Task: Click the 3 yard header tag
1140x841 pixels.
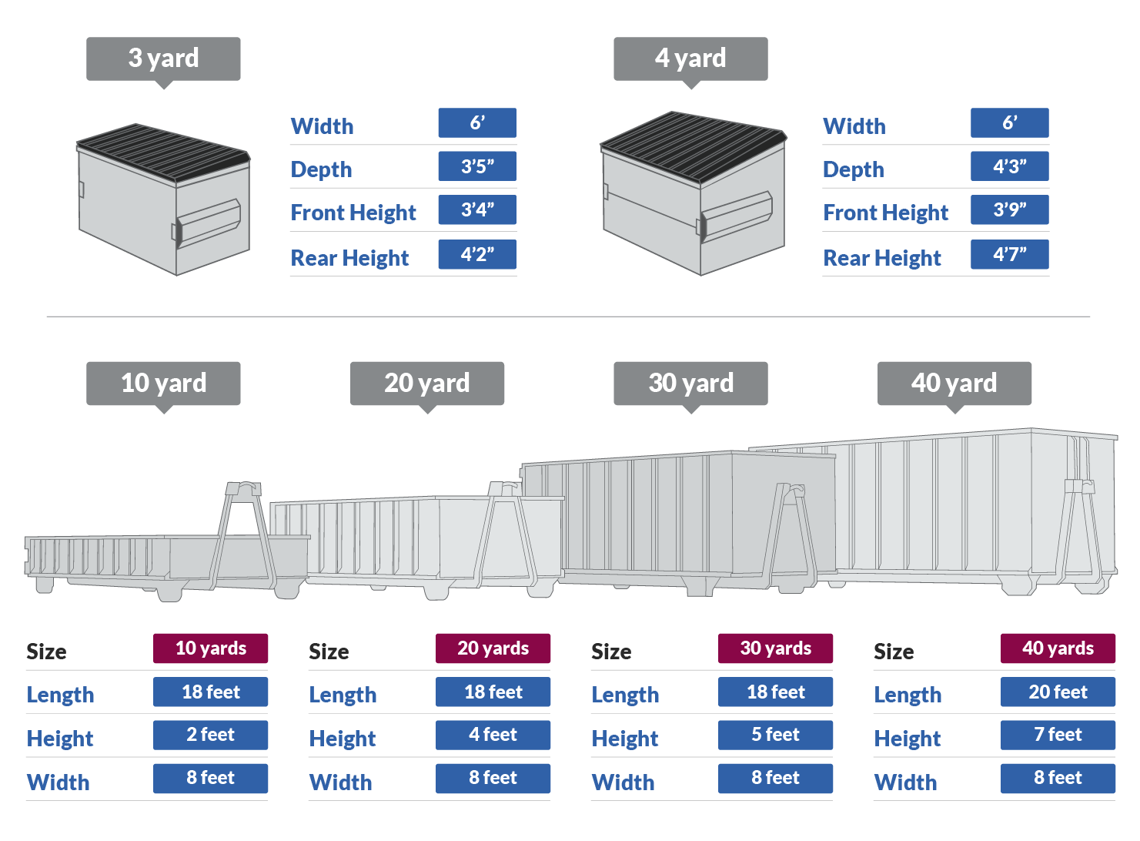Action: point(163,59)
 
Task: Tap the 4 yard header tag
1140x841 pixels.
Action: point(690,59)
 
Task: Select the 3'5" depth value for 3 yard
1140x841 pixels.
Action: point(477,166)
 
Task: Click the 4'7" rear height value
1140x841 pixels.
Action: point(1009,254)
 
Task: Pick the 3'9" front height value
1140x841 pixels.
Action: point(1009,209)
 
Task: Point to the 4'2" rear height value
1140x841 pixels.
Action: point(477,254)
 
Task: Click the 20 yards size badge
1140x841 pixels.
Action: point(493,648)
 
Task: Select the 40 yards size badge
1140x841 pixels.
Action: point(1058,648)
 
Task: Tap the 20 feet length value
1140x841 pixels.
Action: point(1058,692)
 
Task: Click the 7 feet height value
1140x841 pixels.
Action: point(1058,735)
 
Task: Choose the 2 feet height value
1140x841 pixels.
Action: point(210,735)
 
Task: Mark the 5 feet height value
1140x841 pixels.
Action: point(775,735)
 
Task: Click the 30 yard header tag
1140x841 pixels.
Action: point(690,384)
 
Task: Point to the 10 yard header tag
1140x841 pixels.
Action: point(163,384)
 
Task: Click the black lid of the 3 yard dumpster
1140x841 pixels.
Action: point(163,151)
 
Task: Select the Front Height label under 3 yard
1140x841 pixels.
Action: point(353,213)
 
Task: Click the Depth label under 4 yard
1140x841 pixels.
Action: point(854,169)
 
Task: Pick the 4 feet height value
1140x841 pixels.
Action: point(493,735)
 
